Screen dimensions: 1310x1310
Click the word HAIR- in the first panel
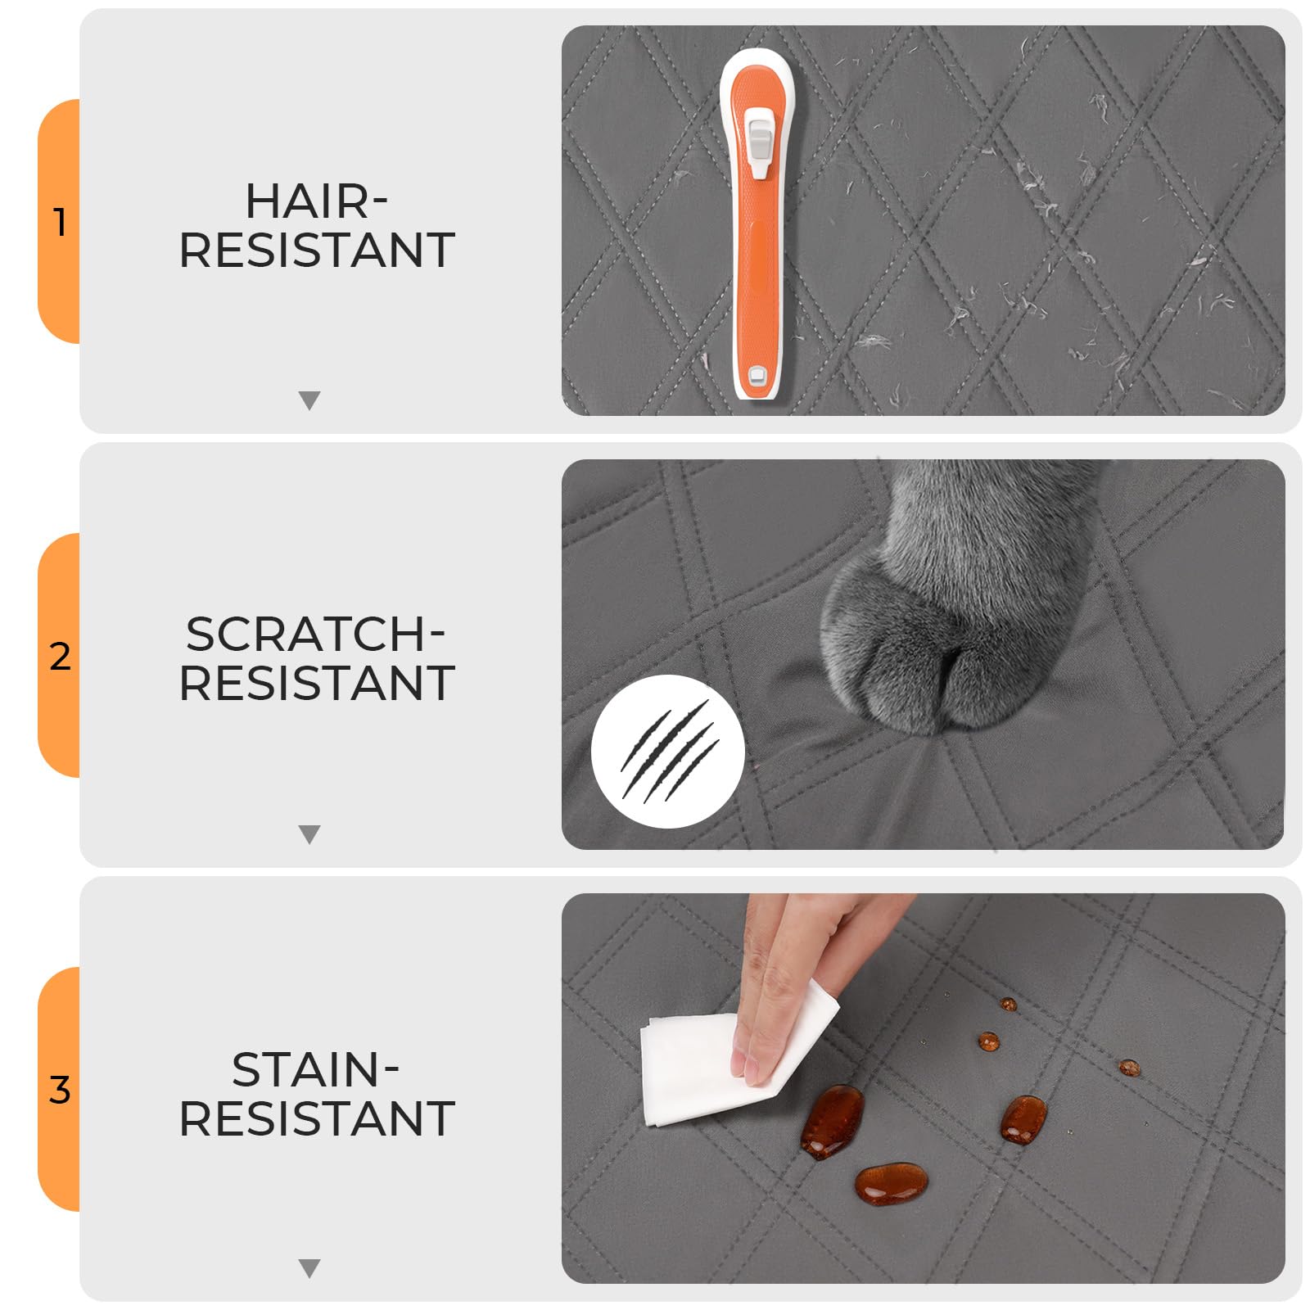[x=316, y=201]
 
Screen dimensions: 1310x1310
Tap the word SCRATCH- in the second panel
[x=315, y=635]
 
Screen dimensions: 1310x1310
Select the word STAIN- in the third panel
[x=315, y=1069]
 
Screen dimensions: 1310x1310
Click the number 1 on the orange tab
[x=59, y=222]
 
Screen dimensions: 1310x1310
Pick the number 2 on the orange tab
[x=60, y=657]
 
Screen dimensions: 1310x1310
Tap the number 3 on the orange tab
[x=60, y=1090]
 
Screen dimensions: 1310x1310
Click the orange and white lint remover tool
[x=759, y=224]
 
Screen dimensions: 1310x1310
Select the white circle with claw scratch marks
[x=667, y=751]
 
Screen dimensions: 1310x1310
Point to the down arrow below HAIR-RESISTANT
[x=309, y=400]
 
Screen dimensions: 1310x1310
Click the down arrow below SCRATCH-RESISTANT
[x=309, y=834]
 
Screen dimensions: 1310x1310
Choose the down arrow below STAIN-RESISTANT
[x=309, y=1268]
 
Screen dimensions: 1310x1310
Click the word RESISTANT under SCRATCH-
[x=316, y=684]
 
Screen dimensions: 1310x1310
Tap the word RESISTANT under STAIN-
[x=316, y=1118]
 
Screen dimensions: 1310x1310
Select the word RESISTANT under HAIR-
[x=316, y=251]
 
